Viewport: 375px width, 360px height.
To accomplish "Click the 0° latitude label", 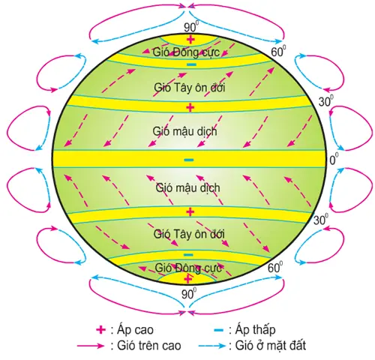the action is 334,159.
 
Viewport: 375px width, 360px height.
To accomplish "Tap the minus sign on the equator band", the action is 189,160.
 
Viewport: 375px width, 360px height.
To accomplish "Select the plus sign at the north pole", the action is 190,40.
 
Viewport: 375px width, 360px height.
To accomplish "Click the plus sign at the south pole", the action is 188,279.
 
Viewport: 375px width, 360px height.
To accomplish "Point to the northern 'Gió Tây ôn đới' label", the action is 189,88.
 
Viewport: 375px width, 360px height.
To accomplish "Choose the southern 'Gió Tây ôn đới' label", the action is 189,234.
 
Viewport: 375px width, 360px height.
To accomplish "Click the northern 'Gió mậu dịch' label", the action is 184,131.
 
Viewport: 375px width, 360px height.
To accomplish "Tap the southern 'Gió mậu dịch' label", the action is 187,187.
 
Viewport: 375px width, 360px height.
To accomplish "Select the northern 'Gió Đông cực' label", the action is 186,52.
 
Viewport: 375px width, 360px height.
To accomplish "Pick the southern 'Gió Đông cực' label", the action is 188,268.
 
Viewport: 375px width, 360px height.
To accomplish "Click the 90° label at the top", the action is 191,27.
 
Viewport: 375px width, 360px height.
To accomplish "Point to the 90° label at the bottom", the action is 189,294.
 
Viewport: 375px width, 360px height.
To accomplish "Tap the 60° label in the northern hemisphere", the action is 278,52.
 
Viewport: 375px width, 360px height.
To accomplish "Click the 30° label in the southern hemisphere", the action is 321,220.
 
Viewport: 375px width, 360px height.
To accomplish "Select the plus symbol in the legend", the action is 101,329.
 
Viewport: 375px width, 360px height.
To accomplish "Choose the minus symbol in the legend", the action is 218,330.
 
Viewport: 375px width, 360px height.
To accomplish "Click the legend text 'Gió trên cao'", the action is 149,346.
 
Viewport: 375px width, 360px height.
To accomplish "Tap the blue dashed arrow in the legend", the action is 211,346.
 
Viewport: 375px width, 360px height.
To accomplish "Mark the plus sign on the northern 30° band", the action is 190,107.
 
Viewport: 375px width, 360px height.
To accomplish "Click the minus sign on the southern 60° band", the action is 188,255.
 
